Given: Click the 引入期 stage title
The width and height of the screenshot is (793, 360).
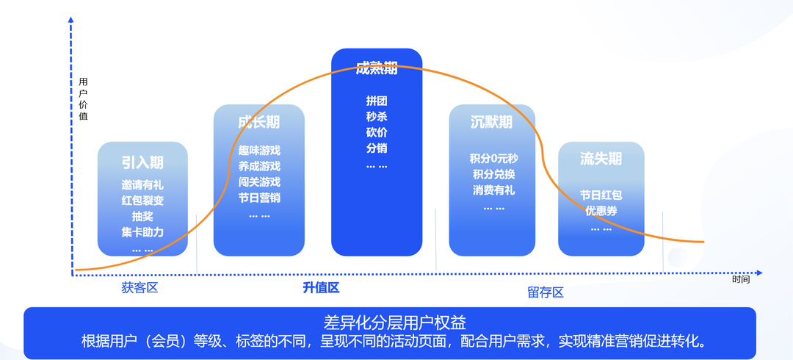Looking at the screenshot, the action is [142, 162].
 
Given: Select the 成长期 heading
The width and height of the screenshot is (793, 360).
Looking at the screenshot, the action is [258, 122].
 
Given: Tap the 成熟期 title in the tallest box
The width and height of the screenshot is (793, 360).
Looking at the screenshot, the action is [376, 68].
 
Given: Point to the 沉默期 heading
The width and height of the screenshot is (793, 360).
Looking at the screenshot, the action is [491, 122].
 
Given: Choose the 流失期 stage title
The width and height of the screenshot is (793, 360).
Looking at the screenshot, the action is [601, 159].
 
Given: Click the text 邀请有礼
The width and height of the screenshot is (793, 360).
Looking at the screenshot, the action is [142, 185].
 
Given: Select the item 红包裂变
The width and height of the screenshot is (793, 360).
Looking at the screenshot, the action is [142, 201].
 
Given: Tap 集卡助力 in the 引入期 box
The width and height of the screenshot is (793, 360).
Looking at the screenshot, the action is [142, 232].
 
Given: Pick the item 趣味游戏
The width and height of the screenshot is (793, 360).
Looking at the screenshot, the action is [259, 151].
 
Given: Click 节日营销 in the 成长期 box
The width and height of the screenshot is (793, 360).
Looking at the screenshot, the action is [259, 198].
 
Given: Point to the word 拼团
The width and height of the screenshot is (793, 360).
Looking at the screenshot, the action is [376, 101].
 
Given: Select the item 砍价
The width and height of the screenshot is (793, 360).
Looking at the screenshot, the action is [376, 133].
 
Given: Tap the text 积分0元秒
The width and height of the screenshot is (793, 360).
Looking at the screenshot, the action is [493, 159].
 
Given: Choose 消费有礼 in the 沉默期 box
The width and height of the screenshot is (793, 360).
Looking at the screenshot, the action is [493, 190].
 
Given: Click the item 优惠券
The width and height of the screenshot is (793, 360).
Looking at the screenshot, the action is [601, 212].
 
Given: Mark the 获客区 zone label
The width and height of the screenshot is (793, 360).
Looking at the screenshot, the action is [140, 288].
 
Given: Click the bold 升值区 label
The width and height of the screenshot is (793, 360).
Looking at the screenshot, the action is [321, 288].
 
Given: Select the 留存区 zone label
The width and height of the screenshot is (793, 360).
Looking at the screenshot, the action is [545, 292].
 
